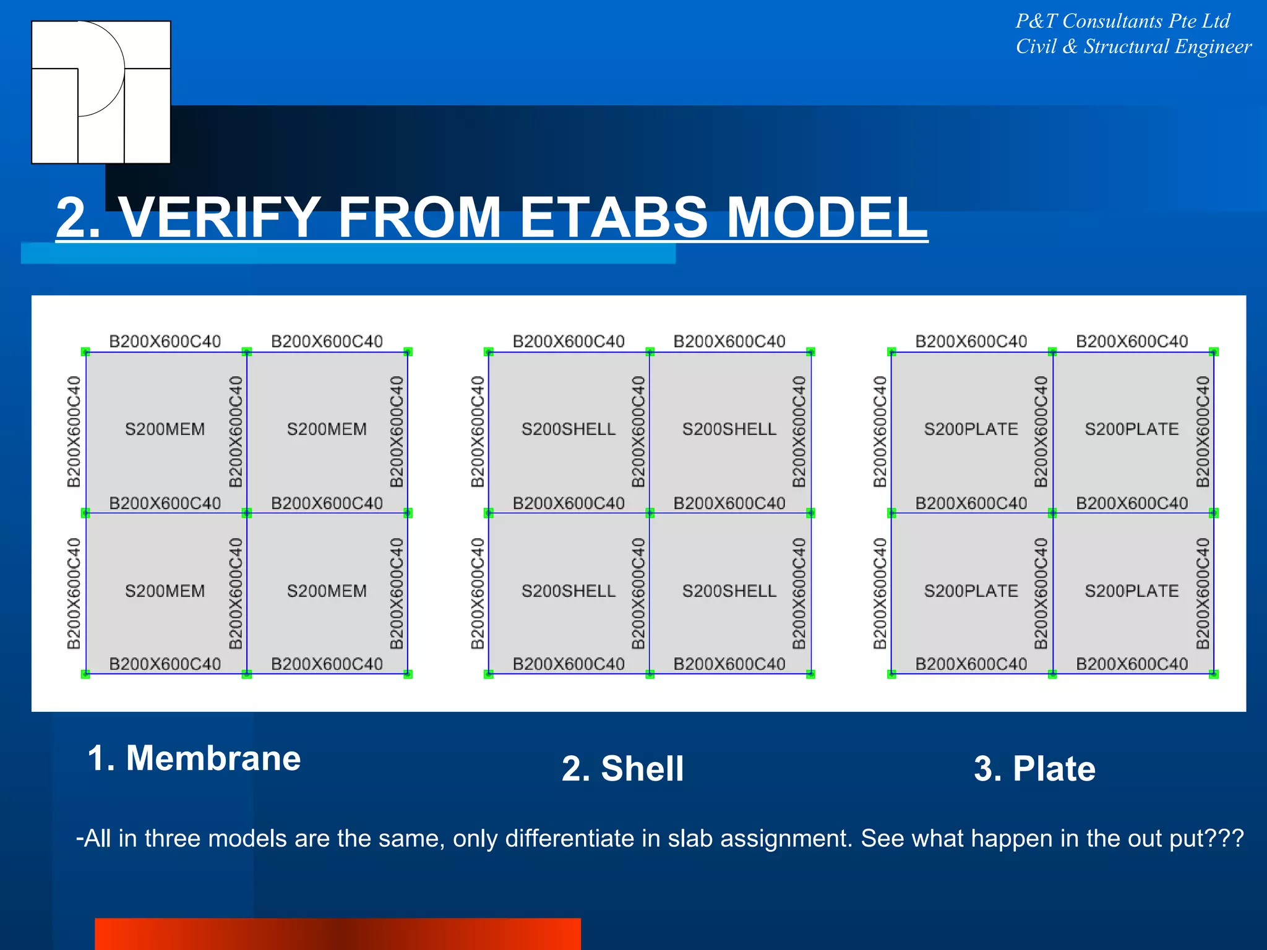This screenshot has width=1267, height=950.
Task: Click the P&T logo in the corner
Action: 101,92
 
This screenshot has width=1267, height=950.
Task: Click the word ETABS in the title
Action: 613,218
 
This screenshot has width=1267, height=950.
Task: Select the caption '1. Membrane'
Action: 194,758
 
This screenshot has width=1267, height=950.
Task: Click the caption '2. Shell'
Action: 622,769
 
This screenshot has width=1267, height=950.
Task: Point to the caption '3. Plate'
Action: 1034,769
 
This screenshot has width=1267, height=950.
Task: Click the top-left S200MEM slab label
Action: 165,429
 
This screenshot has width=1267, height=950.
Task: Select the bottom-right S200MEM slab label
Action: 327,591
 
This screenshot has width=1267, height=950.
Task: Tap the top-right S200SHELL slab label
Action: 729,429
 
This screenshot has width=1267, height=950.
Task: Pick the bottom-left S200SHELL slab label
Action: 569,591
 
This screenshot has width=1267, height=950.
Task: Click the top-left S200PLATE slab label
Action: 971,429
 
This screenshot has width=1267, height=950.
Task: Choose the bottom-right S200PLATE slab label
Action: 1132,591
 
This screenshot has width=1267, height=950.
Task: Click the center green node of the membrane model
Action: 247,513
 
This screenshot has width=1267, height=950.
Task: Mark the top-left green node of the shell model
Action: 489,352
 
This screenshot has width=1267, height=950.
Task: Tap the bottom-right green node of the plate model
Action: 1214,674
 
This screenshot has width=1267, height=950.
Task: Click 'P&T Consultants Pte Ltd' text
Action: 1122,22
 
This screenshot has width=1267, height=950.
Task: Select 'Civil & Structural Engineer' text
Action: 1133,47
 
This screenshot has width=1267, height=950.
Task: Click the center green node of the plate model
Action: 1052,513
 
